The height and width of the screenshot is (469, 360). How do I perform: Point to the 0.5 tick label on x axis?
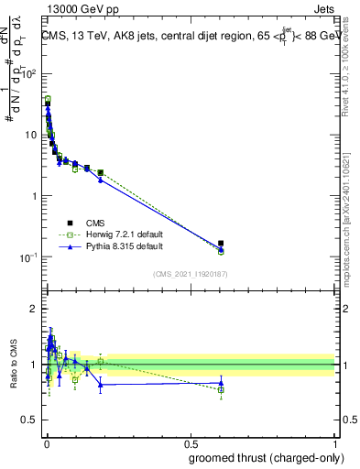tap(190, 442)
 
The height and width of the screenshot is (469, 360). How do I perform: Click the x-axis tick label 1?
tap(334, 442)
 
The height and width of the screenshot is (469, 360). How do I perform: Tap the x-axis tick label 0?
tap(46, 442)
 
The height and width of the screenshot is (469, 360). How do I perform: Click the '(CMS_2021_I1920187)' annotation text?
tap(190, 273)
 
